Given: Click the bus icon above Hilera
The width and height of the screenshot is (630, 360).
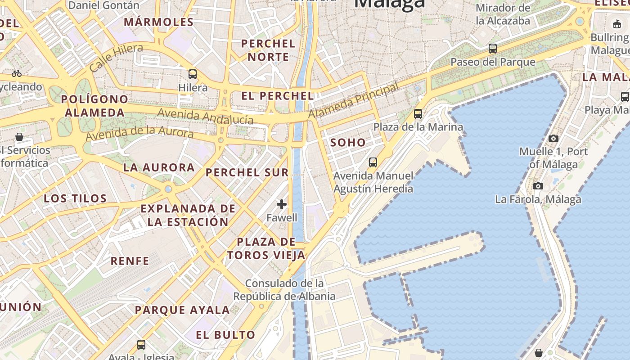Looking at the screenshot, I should pyautogui.click(x=193, y=74).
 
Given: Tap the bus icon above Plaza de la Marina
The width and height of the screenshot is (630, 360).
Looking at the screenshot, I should pyautogui.click(x=418, y=113).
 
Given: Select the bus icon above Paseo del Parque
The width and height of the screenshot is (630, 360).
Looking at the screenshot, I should pyautogui.click(x=493, y=49).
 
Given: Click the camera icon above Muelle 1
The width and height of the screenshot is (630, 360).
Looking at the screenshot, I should pyautogui.click(x=553, y=138).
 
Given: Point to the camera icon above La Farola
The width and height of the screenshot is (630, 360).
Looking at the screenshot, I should pyautogui.click(x=538, y=186).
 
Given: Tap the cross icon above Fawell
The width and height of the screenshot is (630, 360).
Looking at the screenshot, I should pyautogui.click(x=282, y=204).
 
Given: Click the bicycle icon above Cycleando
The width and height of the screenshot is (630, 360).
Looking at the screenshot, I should pyautogui.click(x=17, y=73).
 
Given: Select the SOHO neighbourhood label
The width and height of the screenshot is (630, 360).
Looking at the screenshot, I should pyautogui.click(x=348, y=143).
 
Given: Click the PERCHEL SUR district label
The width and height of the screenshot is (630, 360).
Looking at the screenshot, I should pyautogui.click(x=247, y=172).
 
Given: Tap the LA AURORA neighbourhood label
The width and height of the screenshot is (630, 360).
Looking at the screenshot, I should pyautogui.click(x=159, y=168).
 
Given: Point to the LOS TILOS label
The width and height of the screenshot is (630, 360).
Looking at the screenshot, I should pyautogui.click(x=75, y=198).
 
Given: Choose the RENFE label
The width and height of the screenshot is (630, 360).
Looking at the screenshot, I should pyautogui.click(x=130, y=261).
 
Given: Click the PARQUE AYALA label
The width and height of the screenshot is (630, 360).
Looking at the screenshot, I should pyautogui.click(x=182, y=310).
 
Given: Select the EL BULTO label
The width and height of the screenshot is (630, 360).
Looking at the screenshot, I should pyautogui.click(x=226, y=335).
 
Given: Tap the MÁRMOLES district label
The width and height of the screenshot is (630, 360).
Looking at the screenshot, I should pyautogui.click(x=158, y=22).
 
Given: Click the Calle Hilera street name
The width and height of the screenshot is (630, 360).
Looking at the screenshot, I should pyautogui.click(x=116, y=58).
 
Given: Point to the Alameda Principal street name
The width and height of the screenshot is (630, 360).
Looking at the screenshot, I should pyautogui.click(x=354, y=101).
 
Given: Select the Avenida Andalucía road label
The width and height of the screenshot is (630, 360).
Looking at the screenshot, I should pyautogui.click(x=205, y=116).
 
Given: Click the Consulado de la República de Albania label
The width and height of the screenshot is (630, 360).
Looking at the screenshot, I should pyautogui.click(x=284, y=290).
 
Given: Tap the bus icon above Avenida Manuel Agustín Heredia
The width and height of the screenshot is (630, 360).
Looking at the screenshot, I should pyautogui.click(x=373, y=162).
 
